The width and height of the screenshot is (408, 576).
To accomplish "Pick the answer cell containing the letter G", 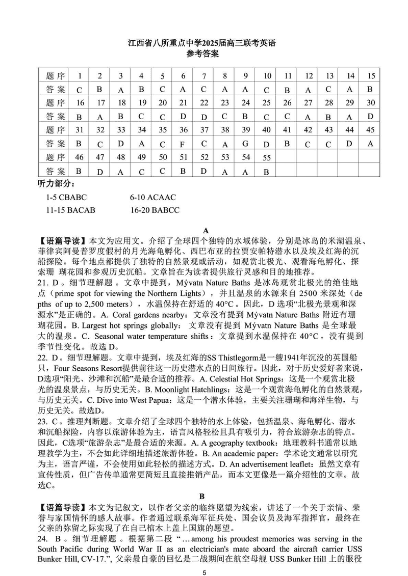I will pyautogui.click(x=245, y=144).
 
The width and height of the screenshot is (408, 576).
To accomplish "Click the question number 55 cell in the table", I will pyautogui.click(x=266, y=158).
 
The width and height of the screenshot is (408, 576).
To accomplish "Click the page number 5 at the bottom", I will pyautogui.click(x=204, y=568).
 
